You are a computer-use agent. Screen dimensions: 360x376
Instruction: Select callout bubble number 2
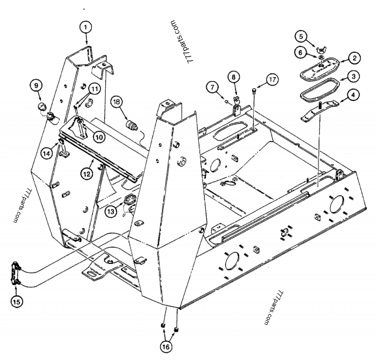(354, 58)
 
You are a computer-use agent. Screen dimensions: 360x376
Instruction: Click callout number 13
(110, 212)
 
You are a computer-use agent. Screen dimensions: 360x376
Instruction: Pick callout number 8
(233, 76)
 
